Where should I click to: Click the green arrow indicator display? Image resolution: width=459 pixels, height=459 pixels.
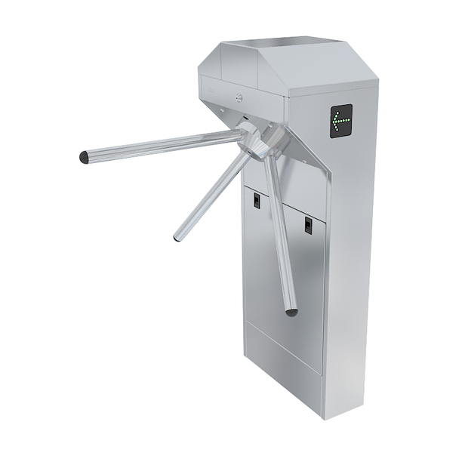[340, 119]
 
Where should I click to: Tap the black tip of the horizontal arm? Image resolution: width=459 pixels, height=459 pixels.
[84, 158]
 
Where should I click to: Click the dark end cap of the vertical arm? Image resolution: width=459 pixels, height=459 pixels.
[291, 310]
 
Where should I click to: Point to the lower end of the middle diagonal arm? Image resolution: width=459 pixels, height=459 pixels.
[177, 238]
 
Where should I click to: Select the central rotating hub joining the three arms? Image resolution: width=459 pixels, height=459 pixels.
[254, 140]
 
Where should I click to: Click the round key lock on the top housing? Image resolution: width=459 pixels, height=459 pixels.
[240, 97]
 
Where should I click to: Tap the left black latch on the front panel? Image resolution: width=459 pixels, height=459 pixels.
[257, 201]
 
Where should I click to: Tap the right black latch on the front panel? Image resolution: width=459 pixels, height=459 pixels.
[308, 224]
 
